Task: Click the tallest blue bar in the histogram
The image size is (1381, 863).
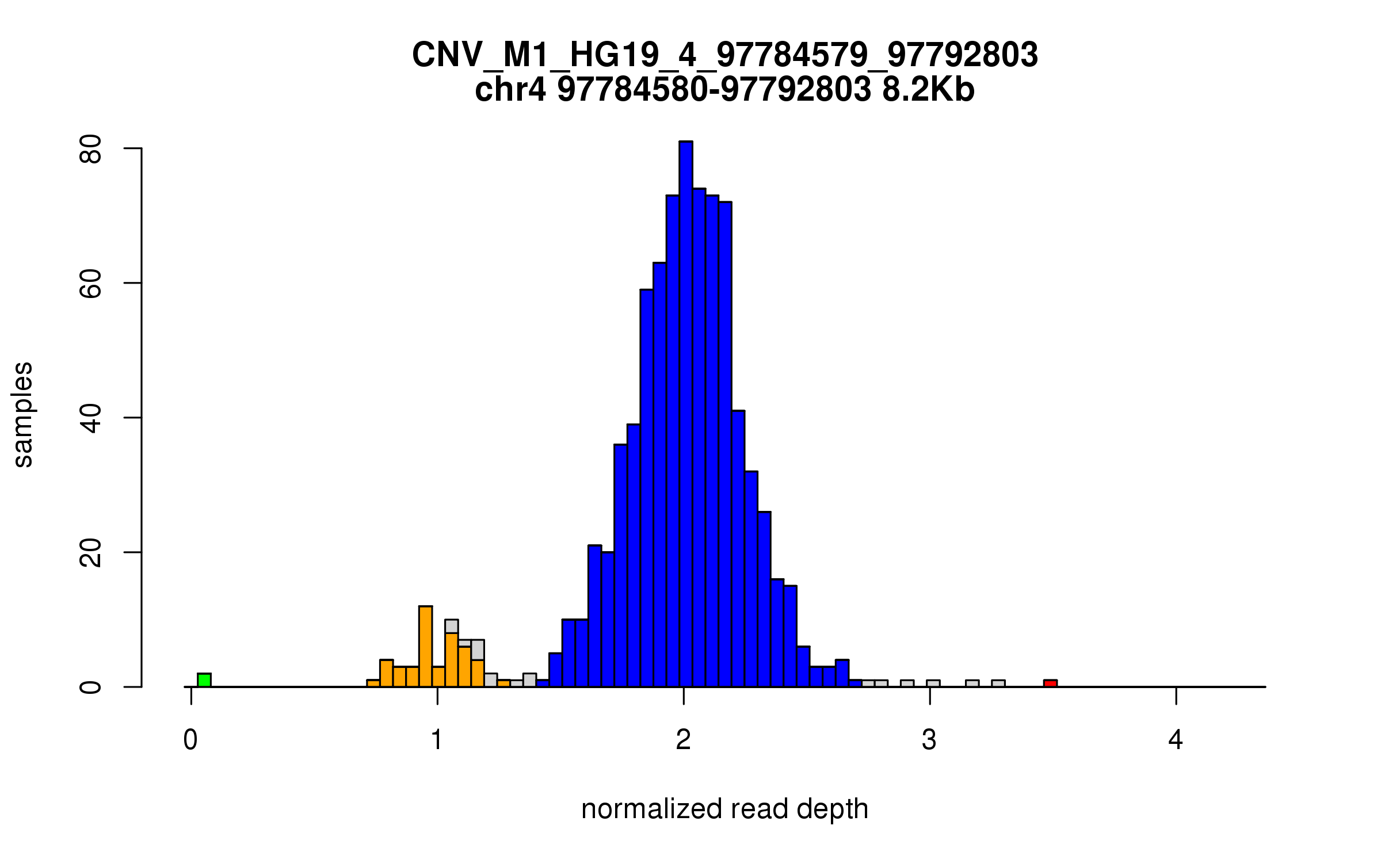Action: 685,414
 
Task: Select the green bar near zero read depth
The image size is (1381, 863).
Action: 204,680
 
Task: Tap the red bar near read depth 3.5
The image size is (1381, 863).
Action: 1050,683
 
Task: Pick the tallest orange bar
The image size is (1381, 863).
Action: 425,647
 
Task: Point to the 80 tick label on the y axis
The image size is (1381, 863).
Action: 91,149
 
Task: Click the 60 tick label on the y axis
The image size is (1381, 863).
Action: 91,283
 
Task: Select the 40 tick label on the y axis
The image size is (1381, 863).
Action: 91,418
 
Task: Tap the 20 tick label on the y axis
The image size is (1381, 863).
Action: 91,552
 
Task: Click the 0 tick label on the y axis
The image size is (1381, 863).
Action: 91,687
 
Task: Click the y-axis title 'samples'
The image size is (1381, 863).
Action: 23,415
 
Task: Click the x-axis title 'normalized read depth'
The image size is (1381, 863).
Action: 724,809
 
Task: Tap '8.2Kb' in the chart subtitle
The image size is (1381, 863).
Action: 928,90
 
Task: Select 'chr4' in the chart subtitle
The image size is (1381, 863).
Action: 510,90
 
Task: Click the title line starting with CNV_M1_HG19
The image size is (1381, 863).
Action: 724,55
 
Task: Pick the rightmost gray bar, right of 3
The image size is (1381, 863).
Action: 998,683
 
